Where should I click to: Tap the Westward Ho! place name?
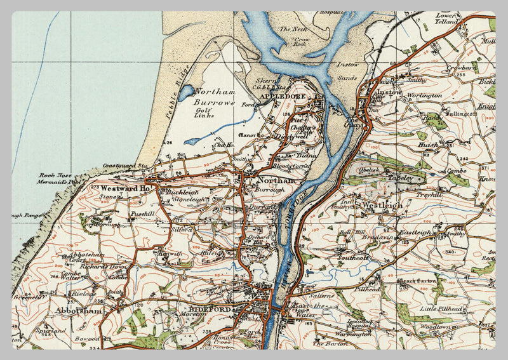(x=124, y=189)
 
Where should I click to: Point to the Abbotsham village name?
(x=79, y=311)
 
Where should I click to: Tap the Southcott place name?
(x=352, y=258)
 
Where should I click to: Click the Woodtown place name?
(x=436, y=326)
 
